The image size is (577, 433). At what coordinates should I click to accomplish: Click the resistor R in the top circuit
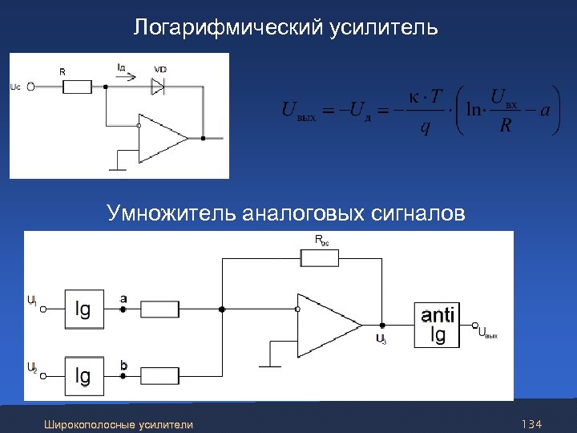click(77, 87)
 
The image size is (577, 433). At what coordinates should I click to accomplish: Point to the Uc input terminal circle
click(30, 87)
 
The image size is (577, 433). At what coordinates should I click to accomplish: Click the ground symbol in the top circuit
click(117, 168)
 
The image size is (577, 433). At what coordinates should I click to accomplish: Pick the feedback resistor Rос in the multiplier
click(320, 257)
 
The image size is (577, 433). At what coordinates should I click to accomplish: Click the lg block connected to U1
click(83, 309)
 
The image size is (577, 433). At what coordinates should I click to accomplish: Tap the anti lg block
click(438, 325)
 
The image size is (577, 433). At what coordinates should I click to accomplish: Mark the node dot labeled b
click(123, 374)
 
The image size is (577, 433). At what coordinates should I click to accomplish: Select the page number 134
click(531, 423)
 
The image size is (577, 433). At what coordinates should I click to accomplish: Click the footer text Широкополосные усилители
click(119, 424)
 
